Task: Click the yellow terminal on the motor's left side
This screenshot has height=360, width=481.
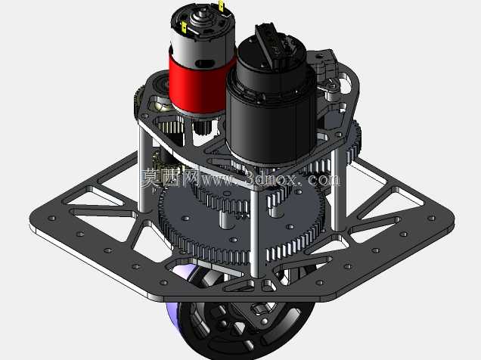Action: [x=184, y=27]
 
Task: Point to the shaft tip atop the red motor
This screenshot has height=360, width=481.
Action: [x=202, y=13]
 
